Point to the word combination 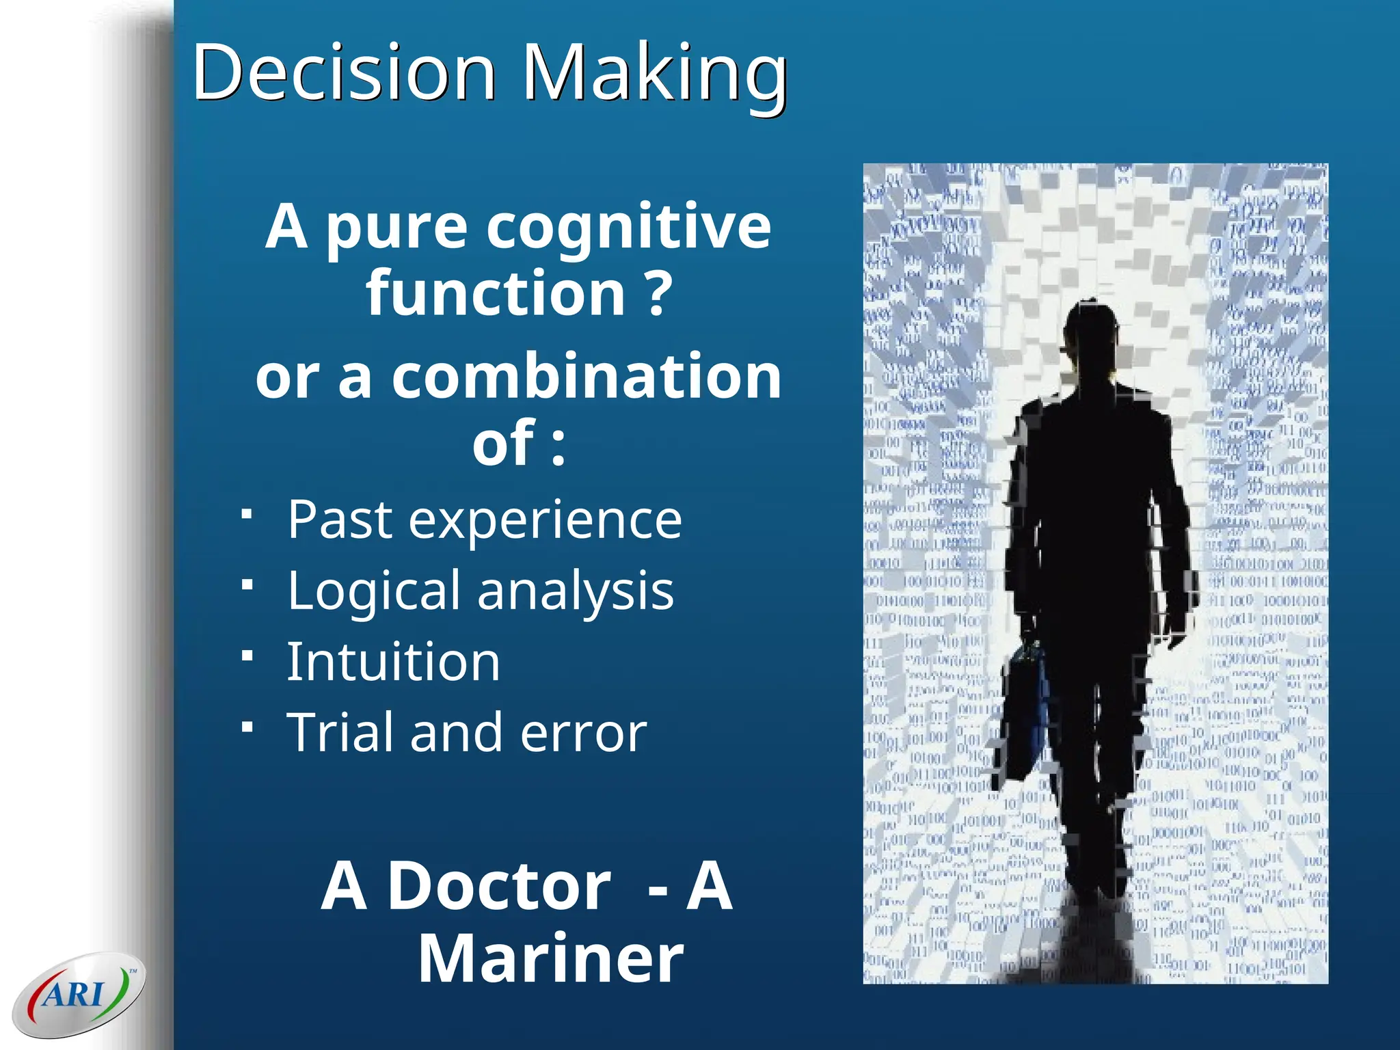[x=586, y=377]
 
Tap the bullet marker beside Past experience [x=247, y=513]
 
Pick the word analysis [x=575, y=591]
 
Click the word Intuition [x=393, y=662]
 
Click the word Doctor [x=498, y=887]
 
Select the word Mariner [x=550, y=958]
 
